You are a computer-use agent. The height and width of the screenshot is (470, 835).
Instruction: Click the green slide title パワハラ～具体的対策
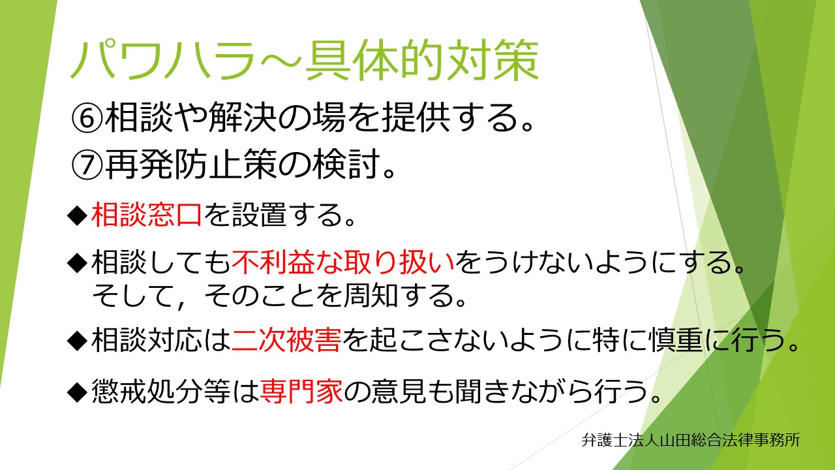[x=304, y=61]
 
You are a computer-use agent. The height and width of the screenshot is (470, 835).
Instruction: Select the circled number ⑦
[x=87, y=164]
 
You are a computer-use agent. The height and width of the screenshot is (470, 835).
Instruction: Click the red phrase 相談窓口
[x=147, y=215]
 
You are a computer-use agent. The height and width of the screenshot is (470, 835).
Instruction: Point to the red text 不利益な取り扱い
[x=343, y=262]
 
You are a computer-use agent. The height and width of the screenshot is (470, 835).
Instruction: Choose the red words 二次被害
[x=286, y=340]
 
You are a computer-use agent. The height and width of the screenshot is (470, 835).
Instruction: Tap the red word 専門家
[x=301, y=391]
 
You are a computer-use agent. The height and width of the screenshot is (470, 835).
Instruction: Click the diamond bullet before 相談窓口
[x=78, y=215]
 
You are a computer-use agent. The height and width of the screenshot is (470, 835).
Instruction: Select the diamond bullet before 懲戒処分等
[x=78, y=392]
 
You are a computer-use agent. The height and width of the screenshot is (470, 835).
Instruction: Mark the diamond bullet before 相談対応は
[x=78, y=341]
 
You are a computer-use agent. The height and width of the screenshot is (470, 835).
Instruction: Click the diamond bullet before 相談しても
[x=78, y=263]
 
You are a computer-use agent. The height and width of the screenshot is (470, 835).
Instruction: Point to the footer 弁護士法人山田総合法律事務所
[x=691, y=440]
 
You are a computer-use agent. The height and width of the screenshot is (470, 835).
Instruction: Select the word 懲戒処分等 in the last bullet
[x=161, y=391]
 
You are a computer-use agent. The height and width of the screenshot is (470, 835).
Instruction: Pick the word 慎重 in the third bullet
[x=677, y=340]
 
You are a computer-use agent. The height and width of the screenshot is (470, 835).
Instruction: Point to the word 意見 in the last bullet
[x=399, y=391]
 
